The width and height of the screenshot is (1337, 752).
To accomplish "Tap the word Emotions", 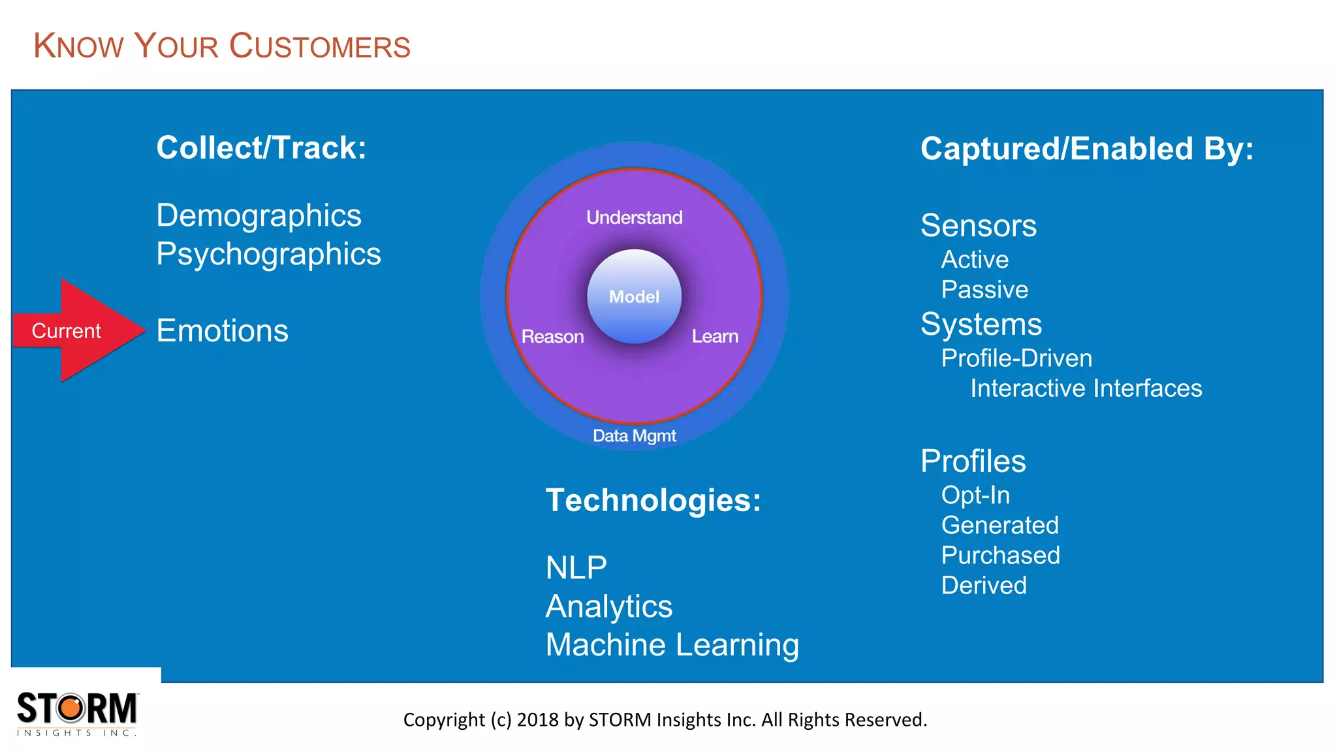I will point(222,331).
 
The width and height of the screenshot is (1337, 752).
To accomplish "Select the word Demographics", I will point(259,215).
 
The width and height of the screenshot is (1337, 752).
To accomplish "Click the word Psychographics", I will point(268,254).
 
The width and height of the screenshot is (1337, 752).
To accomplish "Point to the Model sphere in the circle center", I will point(634,296).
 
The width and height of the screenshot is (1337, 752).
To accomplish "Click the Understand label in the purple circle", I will point(634,217).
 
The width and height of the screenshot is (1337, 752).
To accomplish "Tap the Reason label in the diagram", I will point(552,337).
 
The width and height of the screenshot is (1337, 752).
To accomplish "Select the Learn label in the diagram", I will point(715,337).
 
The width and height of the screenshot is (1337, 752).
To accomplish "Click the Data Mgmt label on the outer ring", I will point(634,435).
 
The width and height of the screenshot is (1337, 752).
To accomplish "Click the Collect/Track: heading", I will point(261,148).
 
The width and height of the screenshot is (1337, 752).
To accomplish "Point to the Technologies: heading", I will point(653,501).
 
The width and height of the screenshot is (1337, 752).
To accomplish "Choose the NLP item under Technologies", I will point(576,568).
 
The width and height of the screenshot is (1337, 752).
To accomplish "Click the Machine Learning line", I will point(672,645).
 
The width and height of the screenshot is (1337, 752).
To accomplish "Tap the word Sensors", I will point(978,226).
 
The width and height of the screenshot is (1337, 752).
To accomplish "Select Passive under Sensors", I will point(984,290).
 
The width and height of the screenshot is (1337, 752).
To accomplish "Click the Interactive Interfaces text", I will point(1086,388).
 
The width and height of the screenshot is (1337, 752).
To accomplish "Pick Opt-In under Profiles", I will point(975,495).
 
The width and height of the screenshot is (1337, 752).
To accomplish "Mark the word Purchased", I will point(1000,556).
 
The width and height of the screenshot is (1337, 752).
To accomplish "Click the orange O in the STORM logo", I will point(73,708).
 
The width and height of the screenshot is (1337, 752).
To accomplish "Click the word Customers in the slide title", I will point(320,46).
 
